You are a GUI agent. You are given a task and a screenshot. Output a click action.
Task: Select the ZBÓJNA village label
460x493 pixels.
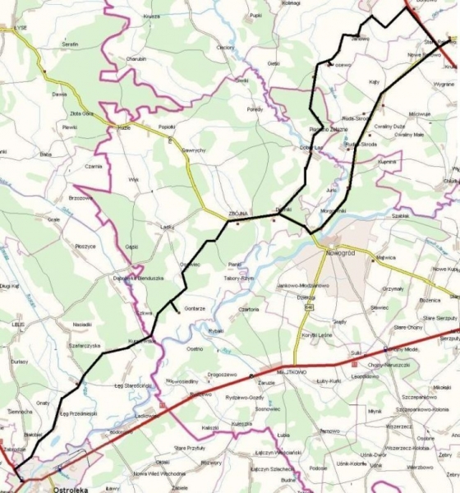(238, 212)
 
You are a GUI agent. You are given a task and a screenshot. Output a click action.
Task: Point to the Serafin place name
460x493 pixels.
(69, 44)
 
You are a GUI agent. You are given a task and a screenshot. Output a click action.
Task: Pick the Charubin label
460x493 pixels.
(136, 60)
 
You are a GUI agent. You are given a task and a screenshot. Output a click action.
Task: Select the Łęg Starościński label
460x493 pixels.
(133, 385)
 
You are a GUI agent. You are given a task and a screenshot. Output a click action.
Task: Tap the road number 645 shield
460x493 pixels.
(309, 306)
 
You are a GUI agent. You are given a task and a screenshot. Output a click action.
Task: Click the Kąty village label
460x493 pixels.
(375, 82)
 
